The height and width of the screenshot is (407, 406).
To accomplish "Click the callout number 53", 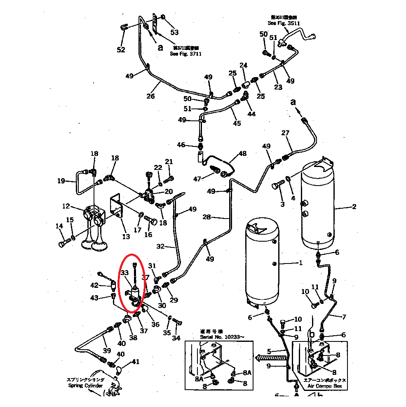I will [x=175, y=32].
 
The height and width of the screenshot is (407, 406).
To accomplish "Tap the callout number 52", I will [x=121, y=50].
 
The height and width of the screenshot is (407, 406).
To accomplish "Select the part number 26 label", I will [x=150, y=96].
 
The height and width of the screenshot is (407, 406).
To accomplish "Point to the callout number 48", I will [x=242, y=153].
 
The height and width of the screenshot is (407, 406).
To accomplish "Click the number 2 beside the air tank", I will [x=354, y=207].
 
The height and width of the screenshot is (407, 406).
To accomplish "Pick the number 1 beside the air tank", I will [x=300, y=263].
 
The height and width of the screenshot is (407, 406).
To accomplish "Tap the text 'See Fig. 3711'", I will [x=186, y=54].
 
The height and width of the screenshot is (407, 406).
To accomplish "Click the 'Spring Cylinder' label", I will [x=86, y=386].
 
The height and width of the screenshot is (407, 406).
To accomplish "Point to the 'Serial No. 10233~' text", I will [x=222, y=337].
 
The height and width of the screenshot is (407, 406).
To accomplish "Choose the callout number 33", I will [x=125, y=273].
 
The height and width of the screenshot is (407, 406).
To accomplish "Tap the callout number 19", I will [x=61, y=180].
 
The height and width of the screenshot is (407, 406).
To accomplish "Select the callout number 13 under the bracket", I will [x=126, y=236].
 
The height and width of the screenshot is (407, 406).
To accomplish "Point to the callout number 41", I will [x=135, y=362].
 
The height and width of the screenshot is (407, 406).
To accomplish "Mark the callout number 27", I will [x=286, y=133].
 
